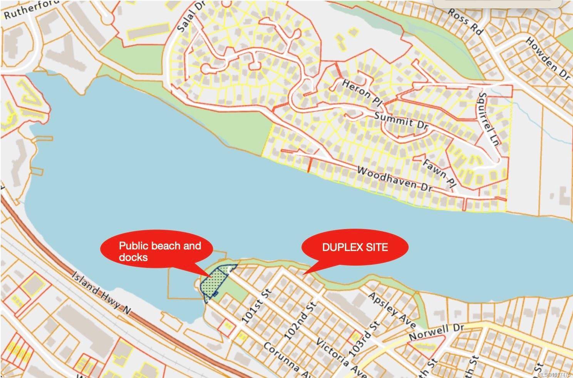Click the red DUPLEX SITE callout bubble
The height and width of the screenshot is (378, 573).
coord(355,247)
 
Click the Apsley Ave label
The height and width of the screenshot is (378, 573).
coord(392,310)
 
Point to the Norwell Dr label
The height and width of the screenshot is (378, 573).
coord(436,332)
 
